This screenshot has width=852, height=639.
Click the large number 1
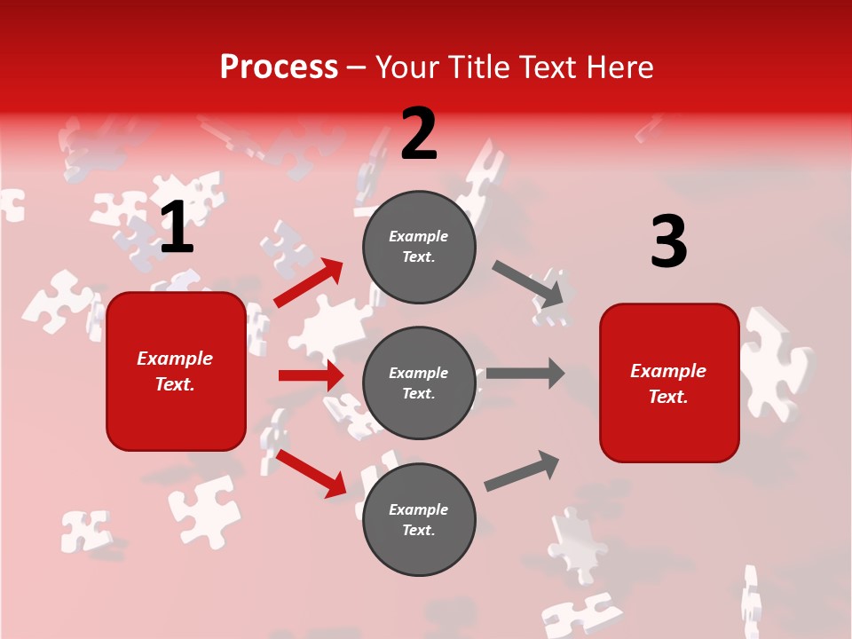pos(177,227)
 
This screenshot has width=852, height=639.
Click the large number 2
pos(419,134)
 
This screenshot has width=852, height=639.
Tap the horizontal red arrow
pos(311,375)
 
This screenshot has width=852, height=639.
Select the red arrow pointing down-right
pos(312,473)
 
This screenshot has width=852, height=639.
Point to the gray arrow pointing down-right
pos(529,283)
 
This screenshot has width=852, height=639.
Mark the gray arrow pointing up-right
pos(522,471)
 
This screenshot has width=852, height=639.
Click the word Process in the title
pos(279,67)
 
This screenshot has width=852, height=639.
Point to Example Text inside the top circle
pos(419,247)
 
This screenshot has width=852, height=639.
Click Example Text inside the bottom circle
pos(419,520)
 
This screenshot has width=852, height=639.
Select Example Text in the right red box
pos(668,383)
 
